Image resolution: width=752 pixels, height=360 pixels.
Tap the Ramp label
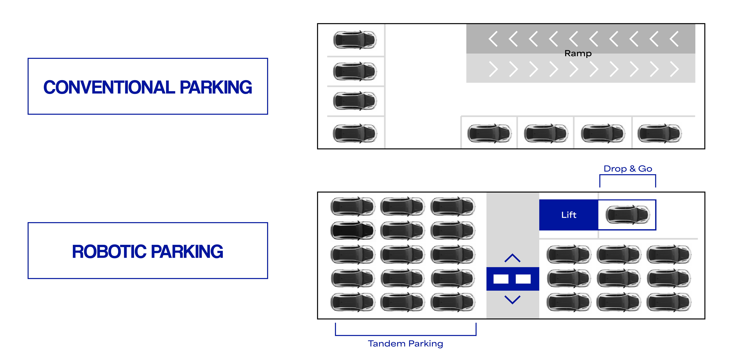(578, 53)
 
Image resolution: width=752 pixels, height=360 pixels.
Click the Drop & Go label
(628, 169)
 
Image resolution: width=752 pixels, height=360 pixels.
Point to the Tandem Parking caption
(405, 344)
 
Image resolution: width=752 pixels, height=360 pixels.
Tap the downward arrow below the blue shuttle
(512, 299)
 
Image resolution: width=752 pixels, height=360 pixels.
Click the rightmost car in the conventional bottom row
(659, 134)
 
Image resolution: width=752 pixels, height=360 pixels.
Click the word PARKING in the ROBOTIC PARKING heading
(187, 252)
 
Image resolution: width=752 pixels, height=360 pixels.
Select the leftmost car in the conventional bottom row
(489, 134)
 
